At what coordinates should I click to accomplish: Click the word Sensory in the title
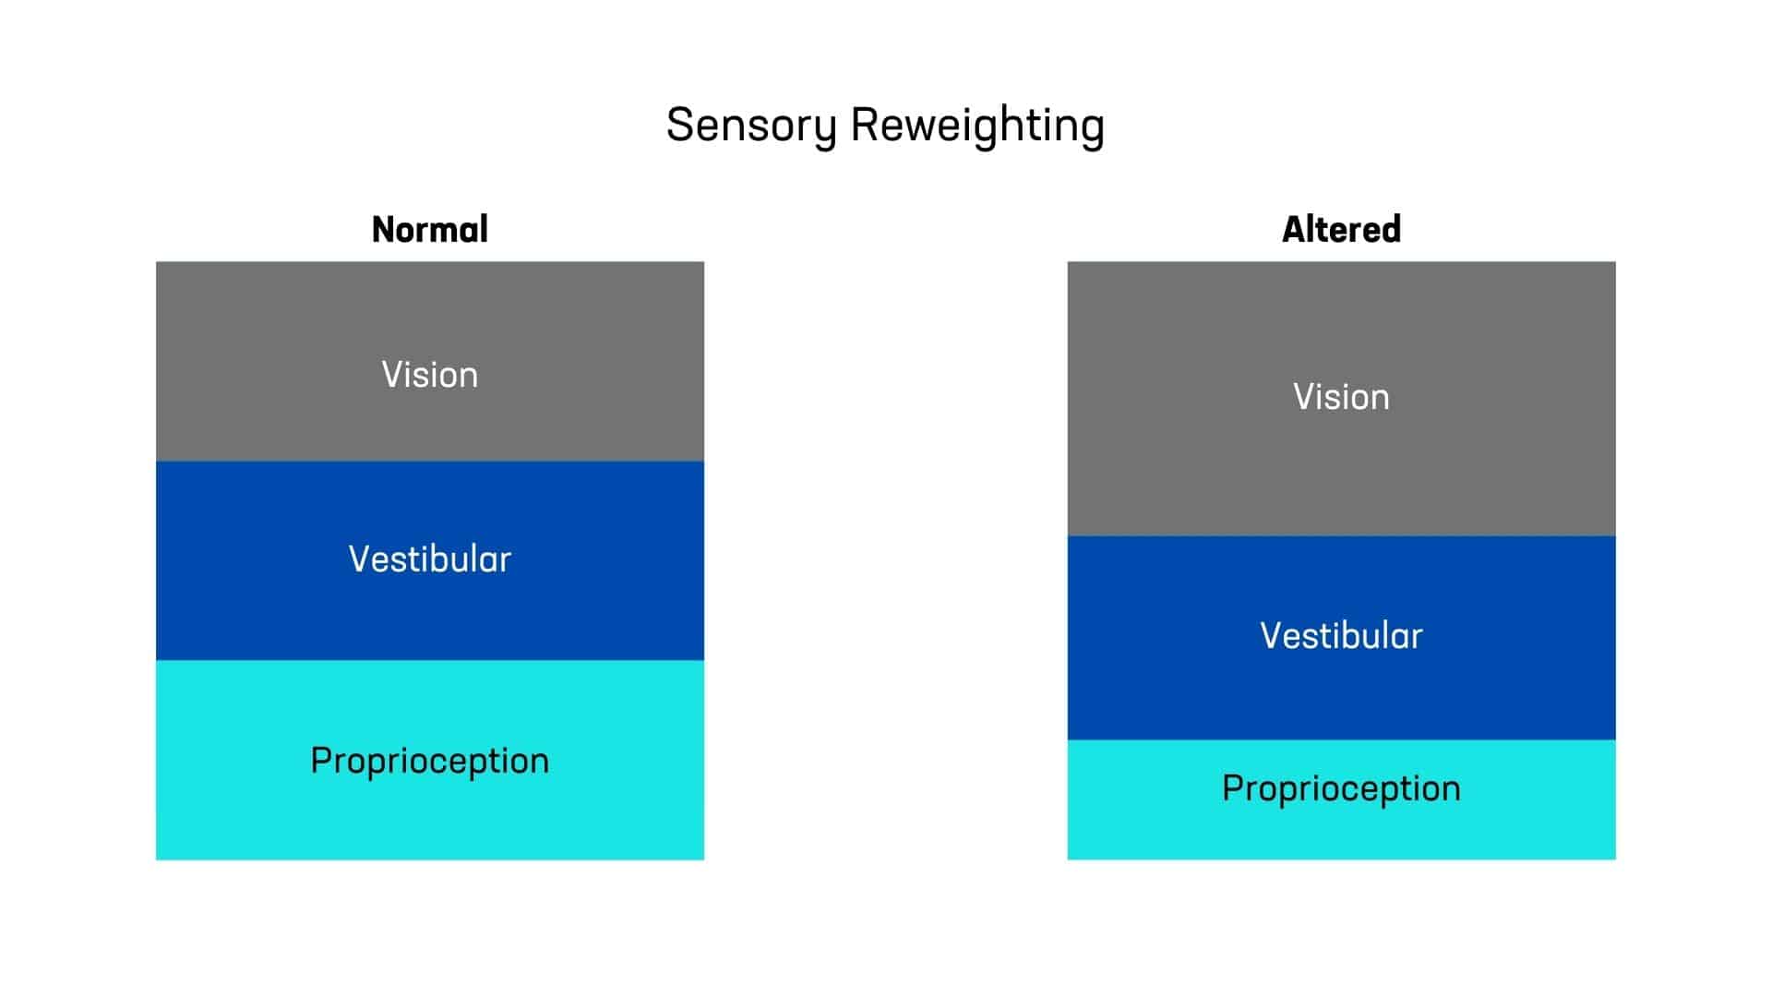751,126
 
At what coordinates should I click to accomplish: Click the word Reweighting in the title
977,126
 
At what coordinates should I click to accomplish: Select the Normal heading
430,229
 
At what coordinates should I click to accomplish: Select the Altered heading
1341,229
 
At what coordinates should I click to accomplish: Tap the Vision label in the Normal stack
430,375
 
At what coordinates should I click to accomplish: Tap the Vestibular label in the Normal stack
430,559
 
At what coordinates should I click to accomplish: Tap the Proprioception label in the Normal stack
430,762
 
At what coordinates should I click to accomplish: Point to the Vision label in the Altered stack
1341,397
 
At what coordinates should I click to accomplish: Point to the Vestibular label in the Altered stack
1341,636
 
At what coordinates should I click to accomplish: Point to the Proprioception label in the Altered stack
1341,789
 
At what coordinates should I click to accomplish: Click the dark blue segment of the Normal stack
430,609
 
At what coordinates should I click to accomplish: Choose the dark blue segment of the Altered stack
1341,692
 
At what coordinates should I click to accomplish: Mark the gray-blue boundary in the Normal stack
430,462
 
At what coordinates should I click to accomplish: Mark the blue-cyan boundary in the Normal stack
430,660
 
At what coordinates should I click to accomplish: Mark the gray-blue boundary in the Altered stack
1341,536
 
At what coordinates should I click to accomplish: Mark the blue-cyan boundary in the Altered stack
1341,740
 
